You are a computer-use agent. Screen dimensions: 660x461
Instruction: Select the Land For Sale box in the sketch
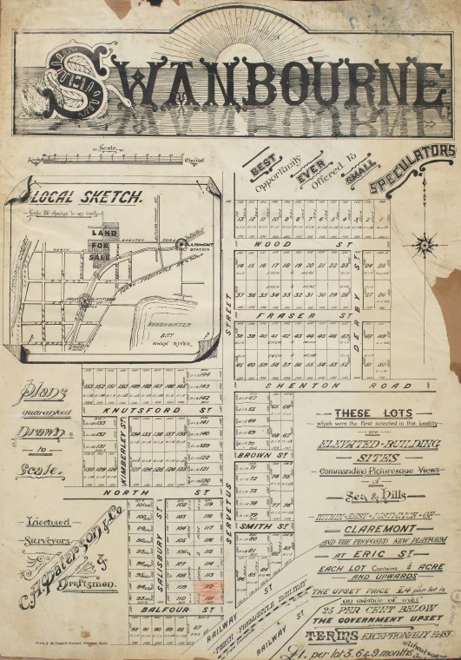(102, 241)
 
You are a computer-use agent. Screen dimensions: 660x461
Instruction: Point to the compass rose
(425, 243)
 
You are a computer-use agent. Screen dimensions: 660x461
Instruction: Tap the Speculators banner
(412, 168)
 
